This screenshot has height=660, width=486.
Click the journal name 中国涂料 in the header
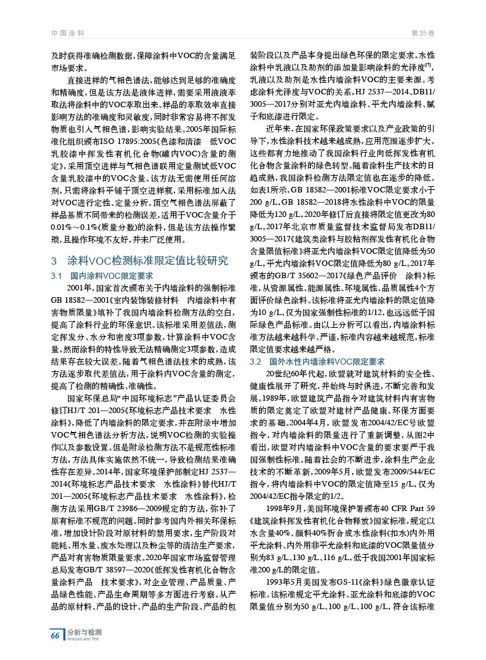click(x=67, y=32)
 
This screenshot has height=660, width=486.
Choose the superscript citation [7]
click(x=429, y=66)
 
